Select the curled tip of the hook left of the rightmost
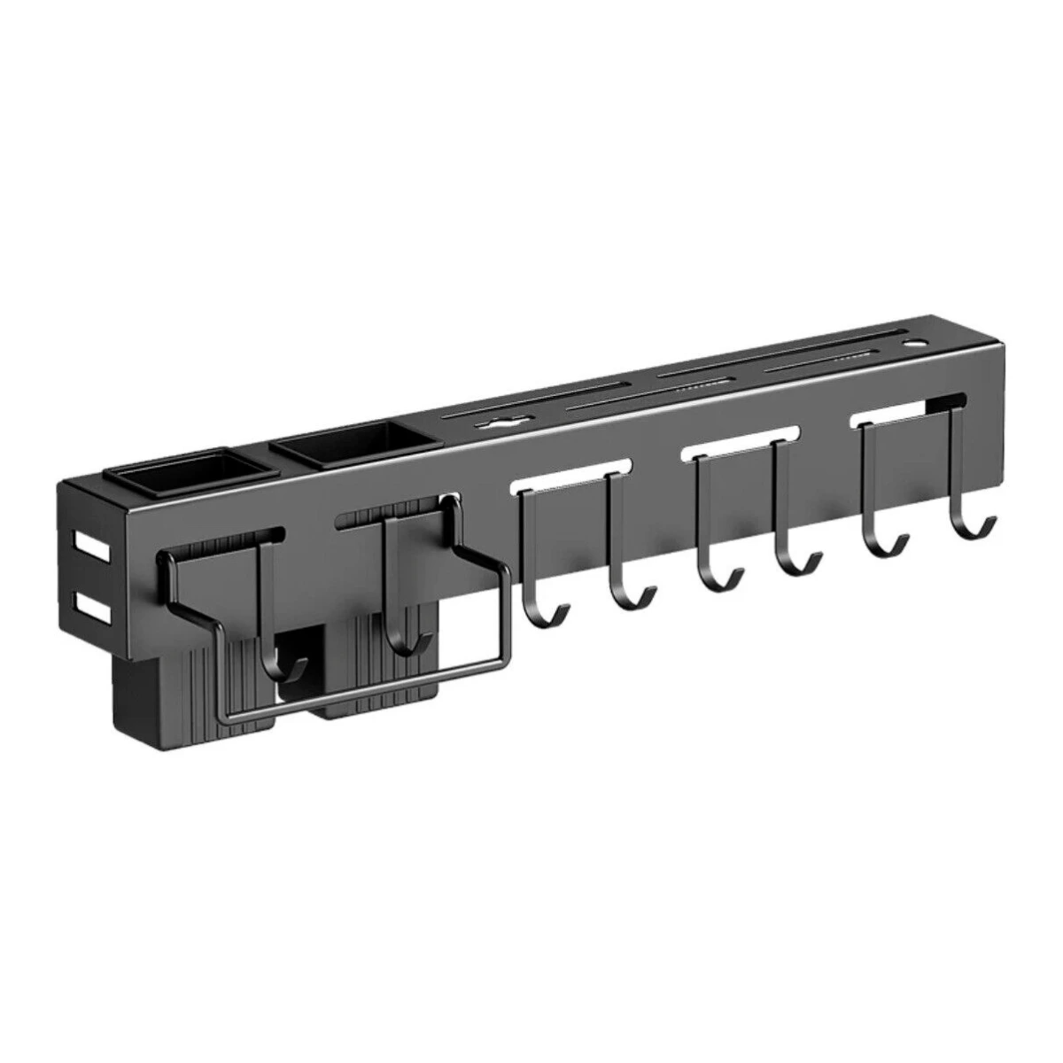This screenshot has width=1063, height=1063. (899, 549)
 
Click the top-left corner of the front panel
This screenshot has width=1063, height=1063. (60, 483)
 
